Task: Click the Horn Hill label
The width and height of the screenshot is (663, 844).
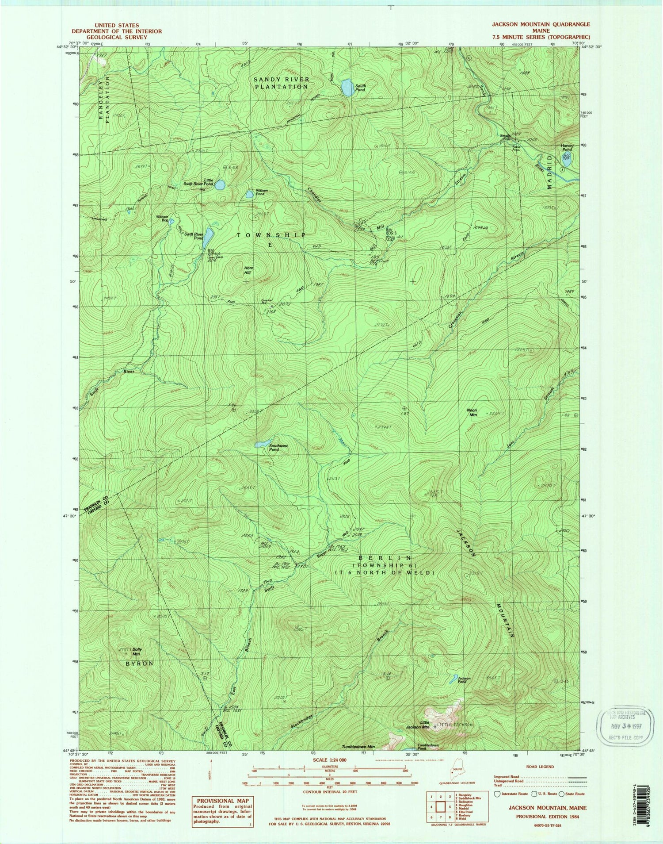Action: coord(248,270)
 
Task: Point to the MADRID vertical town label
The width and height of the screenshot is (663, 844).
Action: coord(550,172)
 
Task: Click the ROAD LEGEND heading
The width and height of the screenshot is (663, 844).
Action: coord(540,767)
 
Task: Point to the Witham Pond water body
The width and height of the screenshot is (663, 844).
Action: coord(250,194)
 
